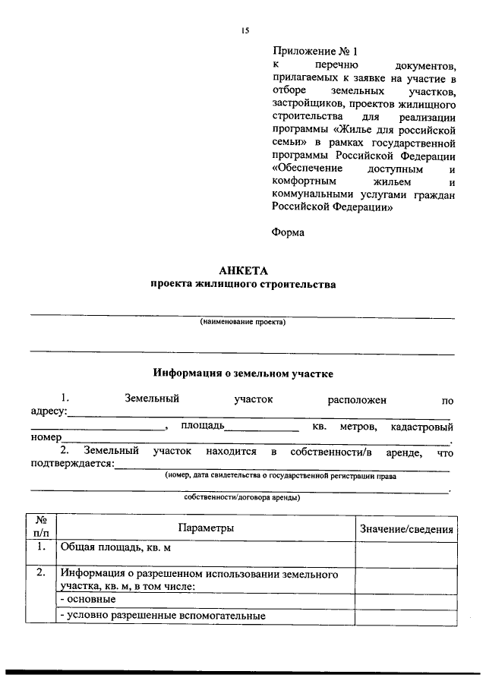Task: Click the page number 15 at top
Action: pyautogui.click(x=245, y=30)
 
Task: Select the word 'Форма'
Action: pyautogui.click(x=288, y=232)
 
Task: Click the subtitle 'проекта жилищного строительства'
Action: pyautogui.click(x=242, y=285)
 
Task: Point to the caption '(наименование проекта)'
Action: pyautogui.click(x=243, y=322)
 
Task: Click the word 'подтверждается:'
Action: pyautogui.click(x=71, y=465)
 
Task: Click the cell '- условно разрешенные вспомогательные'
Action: pyautogui.click(x=163, y=616)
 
